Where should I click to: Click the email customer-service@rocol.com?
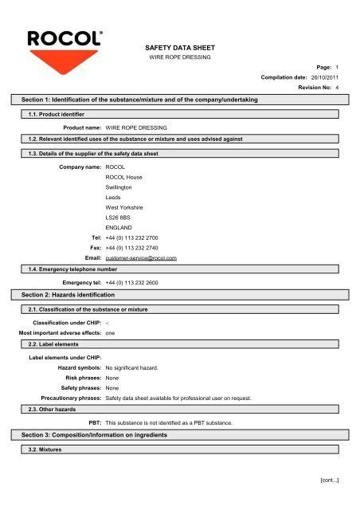pos(141,258)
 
